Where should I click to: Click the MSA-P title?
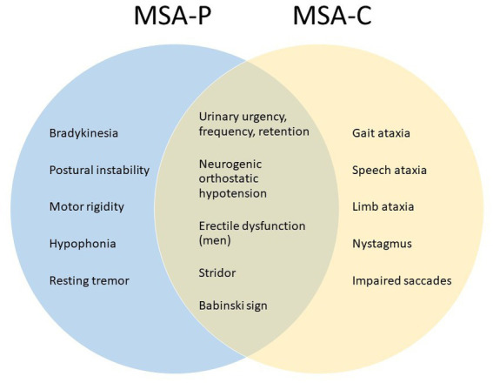tap(172, 16)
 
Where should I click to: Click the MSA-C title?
tap(332, 16)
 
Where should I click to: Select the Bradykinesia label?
tap(83, 133)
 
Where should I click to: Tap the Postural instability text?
tap(99, 171)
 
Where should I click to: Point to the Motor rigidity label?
tap(87, 207)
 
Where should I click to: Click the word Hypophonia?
tap(83, 244)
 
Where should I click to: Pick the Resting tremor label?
tap(90, 280)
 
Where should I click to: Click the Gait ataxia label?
tap(381, 133)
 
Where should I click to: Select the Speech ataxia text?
tap(390, 171)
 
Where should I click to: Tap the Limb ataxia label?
tap(383, 207)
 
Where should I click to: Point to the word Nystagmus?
tap(382, 244)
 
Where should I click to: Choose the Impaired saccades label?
tap(402, 280)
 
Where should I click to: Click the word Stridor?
tap(217, 272)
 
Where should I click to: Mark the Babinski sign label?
tap(233, 306)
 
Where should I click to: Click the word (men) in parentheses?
tap(215, 241)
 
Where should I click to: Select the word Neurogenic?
tap(230, 165)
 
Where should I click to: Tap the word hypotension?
tap(233, 193)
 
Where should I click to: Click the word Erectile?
tap(218, 226)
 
